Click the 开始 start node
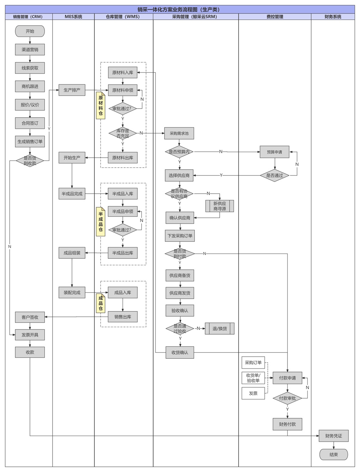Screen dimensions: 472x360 point(30,31)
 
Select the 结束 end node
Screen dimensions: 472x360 point(333,455)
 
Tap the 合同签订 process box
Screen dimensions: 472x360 point(30,123)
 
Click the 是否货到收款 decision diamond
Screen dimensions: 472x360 point(30,161)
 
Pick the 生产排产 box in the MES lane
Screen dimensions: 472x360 point(72,90)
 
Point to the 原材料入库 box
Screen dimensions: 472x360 point(122,73)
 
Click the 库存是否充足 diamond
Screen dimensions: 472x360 point(122,133)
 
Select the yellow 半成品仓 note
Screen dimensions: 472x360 point(101,222)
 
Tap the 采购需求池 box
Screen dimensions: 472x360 point(179,133)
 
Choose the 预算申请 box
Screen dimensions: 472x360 point(275,152)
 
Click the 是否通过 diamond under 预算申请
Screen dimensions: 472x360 point(275,175)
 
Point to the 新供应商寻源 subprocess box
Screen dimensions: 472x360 point(220,206)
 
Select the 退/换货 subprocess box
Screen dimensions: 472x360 point(220,329)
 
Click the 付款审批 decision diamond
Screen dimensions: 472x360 point(287,398)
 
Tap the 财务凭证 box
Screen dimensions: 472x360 point(333,436)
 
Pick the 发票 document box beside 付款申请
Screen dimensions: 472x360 point(253,393)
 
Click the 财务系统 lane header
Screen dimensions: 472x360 point(333,17)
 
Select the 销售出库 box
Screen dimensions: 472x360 point(122,317)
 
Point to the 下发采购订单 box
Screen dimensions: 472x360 point(180,236)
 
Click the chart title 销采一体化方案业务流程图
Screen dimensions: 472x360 point(180,9)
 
